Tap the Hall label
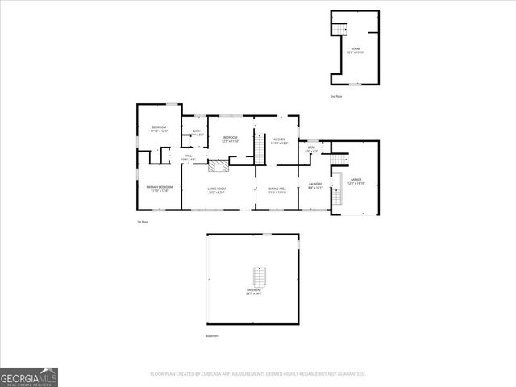(x=188, y=157)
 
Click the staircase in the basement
(x=258, y=277)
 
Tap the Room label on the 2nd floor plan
(x=356, y=50)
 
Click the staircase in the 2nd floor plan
(x=339, y=30)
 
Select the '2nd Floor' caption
(x=335, y=96)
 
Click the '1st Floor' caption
(x=142, y=222)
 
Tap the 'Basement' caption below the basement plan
(x=211, y=335)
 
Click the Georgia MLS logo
(x=29, y=377)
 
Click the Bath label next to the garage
(x=312, y=148)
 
